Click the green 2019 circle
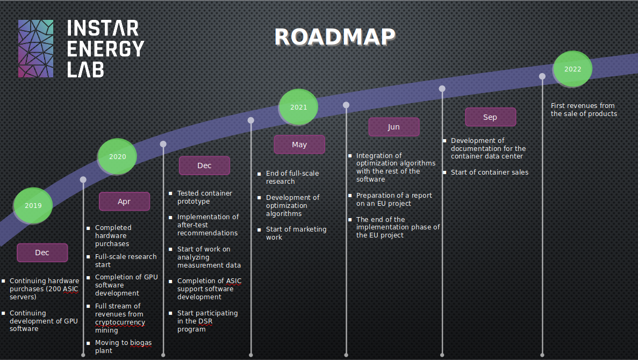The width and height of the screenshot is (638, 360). (x=33, y=205)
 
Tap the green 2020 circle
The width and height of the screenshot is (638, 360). (x=117, y=157)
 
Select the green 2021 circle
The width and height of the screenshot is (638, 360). (x=298, y=107)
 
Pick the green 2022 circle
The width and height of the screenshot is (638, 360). (x=572, y=69)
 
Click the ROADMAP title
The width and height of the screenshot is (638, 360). (x=334, y=37)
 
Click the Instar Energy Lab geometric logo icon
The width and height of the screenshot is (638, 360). (x=36, y=48)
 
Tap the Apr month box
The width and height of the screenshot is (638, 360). (x=124, y=201)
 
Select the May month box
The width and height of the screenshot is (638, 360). (x=299, y=145)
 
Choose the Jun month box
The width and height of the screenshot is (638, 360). (x=393, y=127)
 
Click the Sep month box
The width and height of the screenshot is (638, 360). (x=490, y=117)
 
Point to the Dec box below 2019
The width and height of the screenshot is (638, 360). (x=42, y=253)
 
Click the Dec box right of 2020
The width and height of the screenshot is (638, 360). (x=204, y=165)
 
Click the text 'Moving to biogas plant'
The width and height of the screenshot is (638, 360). (x=123, y=347)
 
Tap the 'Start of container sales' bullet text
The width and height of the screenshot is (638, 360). (x=489, y=172)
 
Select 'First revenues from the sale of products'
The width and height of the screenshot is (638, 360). (x=584, y=110)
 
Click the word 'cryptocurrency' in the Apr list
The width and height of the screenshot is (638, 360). (x=120, y=322)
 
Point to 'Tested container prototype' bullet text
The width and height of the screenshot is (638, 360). (x=204, y=197)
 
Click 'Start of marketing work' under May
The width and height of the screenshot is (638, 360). (x=296, y=233)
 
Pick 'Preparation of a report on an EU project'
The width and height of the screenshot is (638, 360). (x=393, y=199)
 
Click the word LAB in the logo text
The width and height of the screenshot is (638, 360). (x=85, y=69)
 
